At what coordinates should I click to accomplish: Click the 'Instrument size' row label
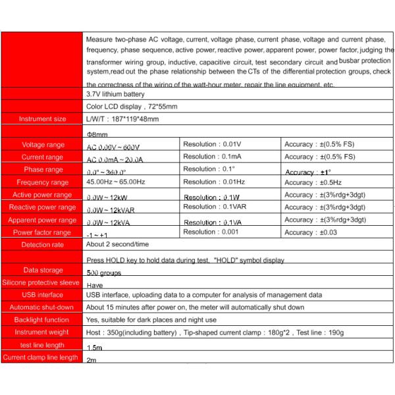click(x=42, y=119)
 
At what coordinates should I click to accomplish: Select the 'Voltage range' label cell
click(x=42, y=145)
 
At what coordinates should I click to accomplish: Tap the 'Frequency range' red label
click(x=42, y=182)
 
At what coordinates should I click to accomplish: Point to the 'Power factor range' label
click(x=42, y=232)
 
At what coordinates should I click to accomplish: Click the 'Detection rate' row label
click(x=42, y=245)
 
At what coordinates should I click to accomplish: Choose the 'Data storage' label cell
click(x=42, y=270)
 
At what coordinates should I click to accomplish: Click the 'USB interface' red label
click(x=42, y=295)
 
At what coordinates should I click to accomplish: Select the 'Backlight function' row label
click(x=42, y=320)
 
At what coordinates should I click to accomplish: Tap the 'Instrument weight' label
click(x=42, y=332)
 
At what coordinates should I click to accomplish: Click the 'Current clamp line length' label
click(x=42, y=357)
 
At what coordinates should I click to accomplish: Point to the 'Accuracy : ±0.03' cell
click(x=310, y=232)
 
